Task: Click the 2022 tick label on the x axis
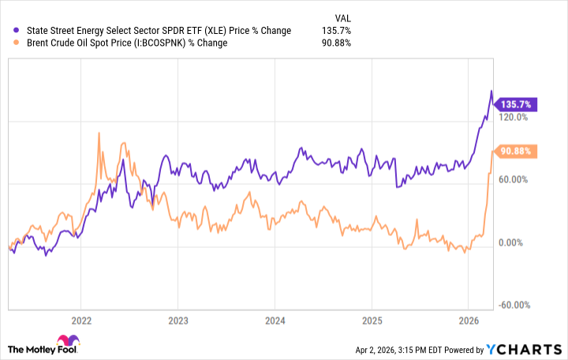[x=80, y=321]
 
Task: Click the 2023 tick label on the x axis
[x=177, y=321]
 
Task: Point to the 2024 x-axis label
[x=275, y=321]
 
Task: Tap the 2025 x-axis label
[x=372, y=321]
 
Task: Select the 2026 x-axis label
[x=469, y=321]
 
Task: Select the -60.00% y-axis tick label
[x=516, y=306]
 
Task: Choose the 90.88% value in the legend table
[x=336, y=43]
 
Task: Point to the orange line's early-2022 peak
[x=99, y=133]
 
